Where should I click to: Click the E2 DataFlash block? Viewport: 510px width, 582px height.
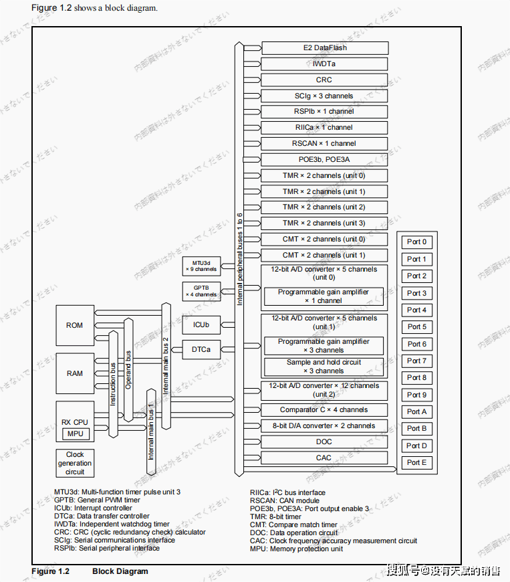324,48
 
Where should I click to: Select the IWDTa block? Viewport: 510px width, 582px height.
324,64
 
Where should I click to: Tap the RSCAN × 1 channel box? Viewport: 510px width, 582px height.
324,144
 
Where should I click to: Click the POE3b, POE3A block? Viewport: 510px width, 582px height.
324,160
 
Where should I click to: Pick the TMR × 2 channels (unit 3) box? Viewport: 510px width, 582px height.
324,223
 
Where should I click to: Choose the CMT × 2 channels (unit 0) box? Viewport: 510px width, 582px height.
324,239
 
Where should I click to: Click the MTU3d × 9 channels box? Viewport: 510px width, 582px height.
201,266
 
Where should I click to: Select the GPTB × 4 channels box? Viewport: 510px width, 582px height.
201,291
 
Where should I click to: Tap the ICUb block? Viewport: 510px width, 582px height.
201,325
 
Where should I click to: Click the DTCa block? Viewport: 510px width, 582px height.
201,349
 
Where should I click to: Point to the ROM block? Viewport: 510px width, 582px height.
75,326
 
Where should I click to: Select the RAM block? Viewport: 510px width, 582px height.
75,373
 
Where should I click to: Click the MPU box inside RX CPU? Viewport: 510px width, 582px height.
75,433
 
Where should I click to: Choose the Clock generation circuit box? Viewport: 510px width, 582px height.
75,463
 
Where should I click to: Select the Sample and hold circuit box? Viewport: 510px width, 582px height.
324,367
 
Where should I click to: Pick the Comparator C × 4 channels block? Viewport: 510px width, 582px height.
324,410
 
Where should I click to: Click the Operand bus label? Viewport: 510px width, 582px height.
129,368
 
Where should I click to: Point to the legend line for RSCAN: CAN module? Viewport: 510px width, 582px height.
285,500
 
